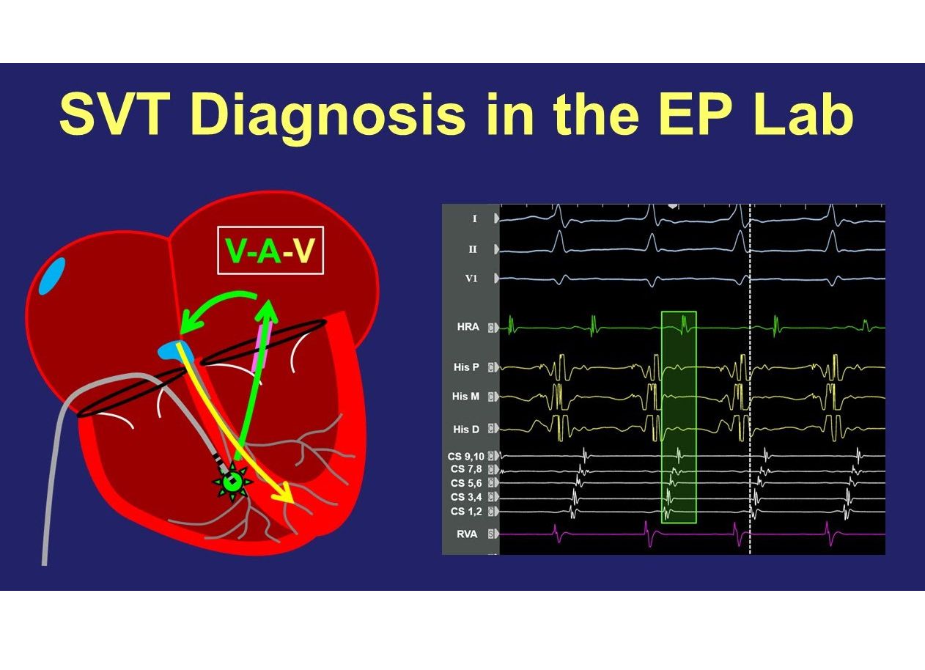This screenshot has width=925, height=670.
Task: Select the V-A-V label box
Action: [x=270, y=251]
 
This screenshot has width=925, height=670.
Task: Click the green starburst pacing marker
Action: [x=232, y=482]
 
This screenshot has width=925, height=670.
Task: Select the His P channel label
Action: [x=465, y=366]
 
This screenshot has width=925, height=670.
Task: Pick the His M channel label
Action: [x=465, y=397]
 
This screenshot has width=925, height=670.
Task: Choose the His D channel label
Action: [x=465, y=430]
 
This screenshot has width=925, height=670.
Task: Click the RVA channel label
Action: [x=467, y=534]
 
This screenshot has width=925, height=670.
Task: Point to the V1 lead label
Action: [x=472, y=279]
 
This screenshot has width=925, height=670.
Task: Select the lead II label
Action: [x=473, y=249]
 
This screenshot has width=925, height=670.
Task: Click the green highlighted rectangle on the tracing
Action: [x=679, y=417]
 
